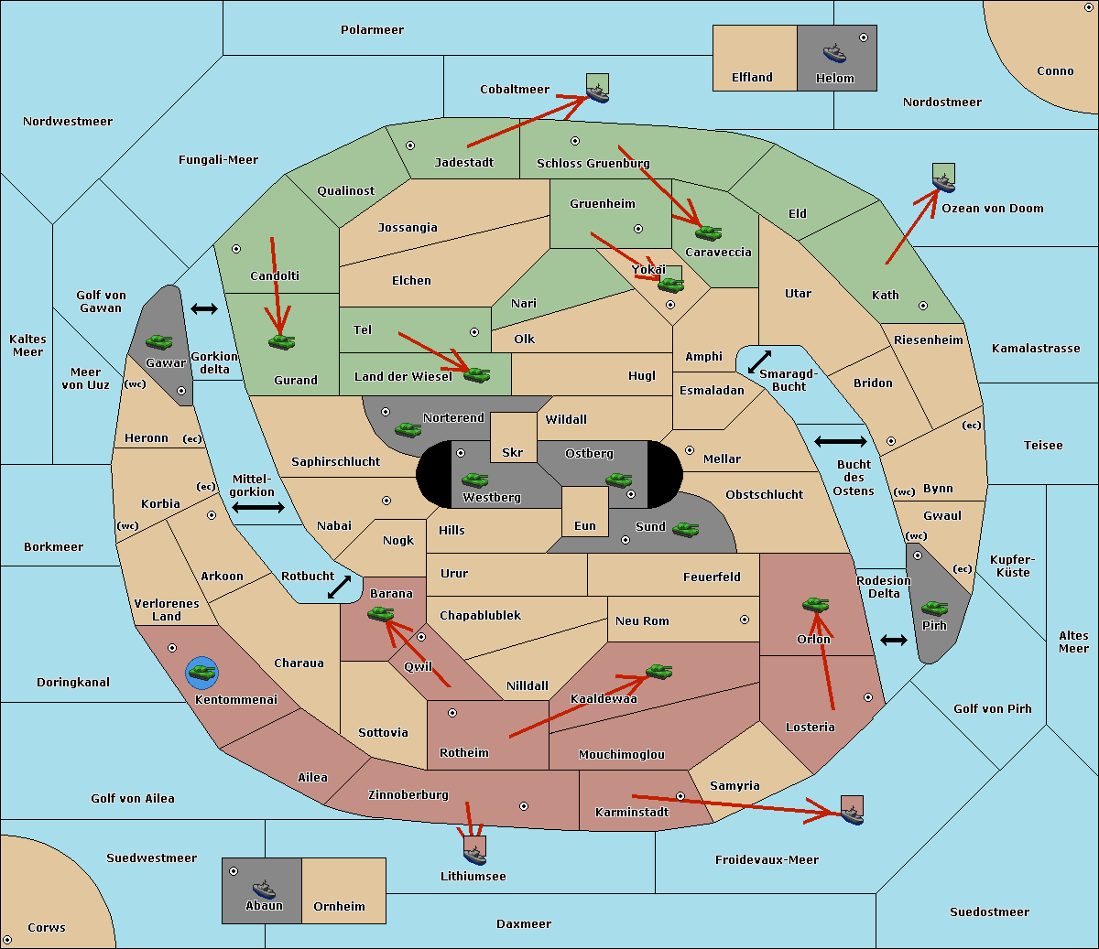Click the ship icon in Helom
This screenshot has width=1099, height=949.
coord(834,53)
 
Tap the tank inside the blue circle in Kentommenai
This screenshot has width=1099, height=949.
coord(202,673)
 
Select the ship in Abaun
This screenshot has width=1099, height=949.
coord(265,889)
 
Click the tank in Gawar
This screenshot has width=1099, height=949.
coord(159,341)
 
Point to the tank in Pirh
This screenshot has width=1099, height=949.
coord(934,608)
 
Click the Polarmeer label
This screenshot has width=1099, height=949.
coord(372,30)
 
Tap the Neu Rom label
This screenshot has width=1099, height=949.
coord(642,620)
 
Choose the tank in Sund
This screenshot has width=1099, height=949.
coord(685,529)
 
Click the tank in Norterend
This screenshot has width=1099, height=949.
coord(408,429)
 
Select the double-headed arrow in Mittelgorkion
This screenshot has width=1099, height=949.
coord(258,507)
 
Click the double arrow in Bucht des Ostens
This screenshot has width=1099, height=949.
coord(841,441)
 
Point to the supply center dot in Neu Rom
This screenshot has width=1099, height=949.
coord(745,620)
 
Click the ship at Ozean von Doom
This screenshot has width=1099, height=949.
coord(943,183)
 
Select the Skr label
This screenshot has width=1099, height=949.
coord(513,452)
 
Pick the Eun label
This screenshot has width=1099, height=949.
coord(585,525)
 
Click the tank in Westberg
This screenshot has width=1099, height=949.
coord(474,480)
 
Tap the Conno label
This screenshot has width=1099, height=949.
coord(1055,71)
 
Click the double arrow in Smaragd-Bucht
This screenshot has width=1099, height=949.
coord(759,361)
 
